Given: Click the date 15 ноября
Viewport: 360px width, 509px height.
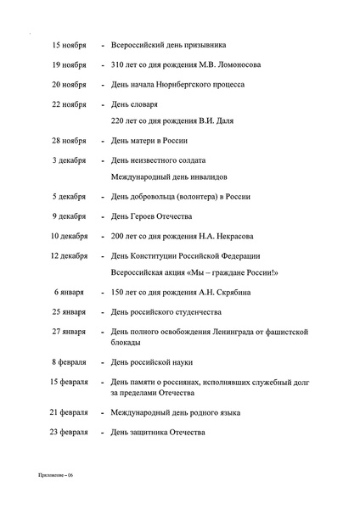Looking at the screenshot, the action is pyautogui.click(x=70, y=44).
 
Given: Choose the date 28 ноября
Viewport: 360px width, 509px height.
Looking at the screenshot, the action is pyautogui.click(x=70, y=140).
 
